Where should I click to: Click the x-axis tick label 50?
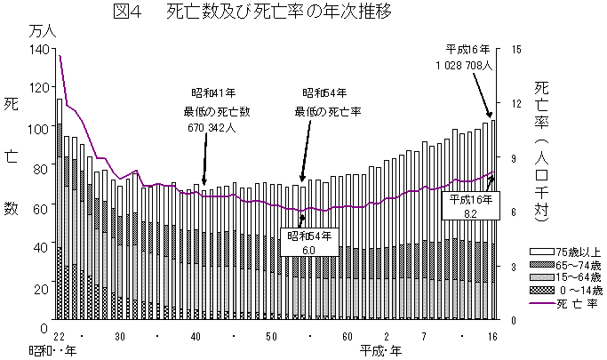click(x=272, y=335)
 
